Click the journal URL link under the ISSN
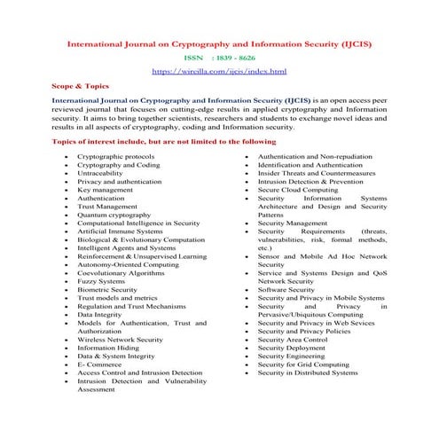coord(219,69)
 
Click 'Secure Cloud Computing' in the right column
coord(297,188)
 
